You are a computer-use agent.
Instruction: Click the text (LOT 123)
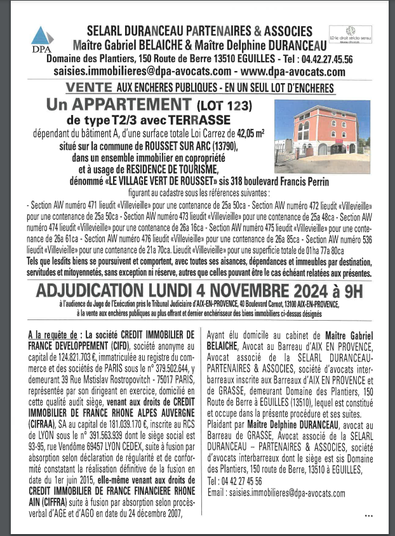[x=225, y=105]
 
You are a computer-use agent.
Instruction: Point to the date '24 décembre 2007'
[x=145, y=514]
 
